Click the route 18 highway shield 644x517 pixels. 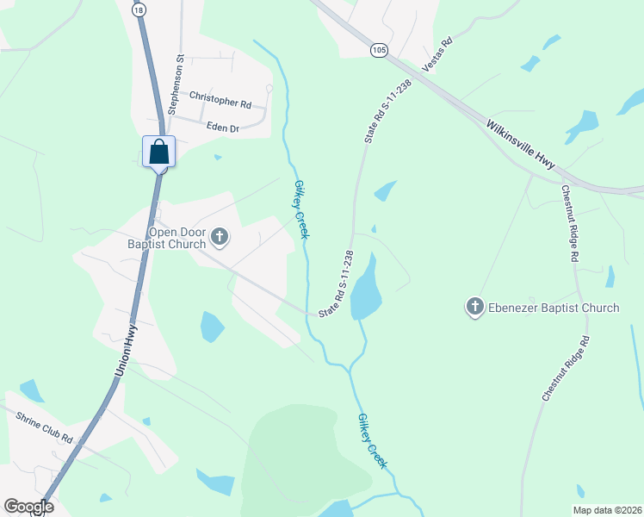(139, 9)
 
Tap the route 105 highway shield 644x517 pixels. (379, 51)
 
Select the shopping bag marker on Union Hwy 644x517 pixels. (159, 152)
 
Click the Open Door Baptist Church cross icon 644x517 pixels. (220, 237)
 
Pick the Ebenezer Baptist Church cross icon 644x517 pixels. (475, 307)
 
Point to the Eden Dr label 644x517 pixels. (222, 128)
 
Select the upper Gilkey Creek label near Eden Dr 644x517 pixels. (301, 209)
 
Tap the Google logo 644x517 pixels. (28, 507)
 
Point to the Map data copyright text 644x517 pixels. (608, 510)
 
